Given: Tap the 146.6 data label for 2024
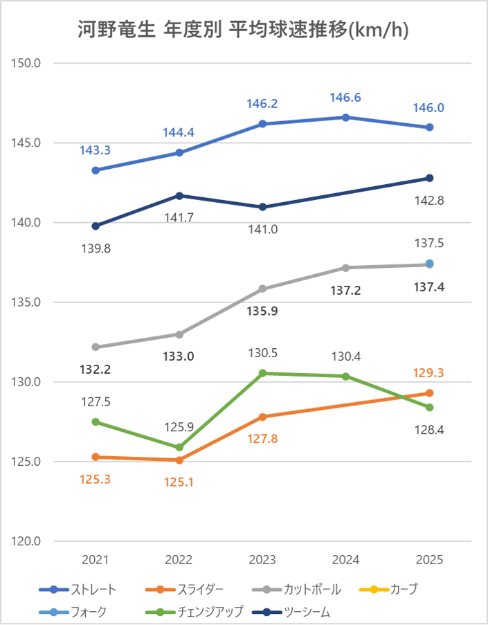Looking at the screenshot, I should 346,98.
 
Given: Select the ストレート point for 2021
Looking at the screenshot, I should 96,170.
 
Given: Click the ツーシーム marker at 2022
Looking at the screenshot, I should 179,195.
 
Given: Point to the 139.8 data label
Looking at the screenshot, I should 96,247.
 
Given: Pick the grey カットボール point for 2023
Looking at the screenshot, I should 263,289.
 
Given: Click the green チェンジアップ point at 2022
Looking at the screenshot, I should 179,447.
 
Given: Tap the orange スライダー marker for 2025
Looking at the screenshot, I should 429,393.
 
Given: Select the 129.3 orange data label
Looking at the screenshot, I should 429,372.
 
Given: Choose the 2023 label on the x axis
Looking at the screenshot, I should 263,559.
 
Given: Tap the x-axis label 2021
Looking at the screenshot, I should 96,559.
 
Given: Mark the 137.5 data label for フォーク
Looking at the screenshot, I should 429,243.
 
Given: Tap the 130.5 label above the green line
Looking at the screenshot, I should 263,352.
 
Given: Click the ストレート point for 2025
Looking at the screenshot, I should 429,127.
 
